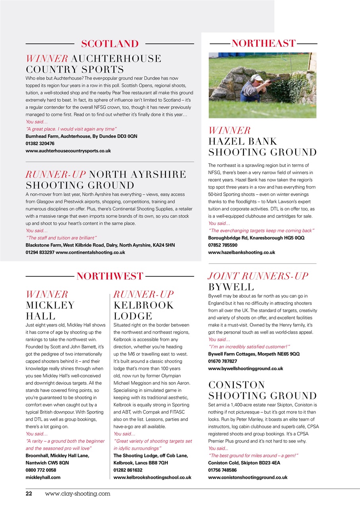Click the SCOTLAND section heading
click(110, 43)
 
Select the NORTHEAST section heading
click(263, 43)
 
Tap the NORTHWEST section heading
click(110, 276)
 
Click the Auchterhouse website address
click(68, 151)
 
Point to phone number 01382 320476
click(40, 144)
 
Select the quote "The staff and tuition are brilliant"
click(61, 238)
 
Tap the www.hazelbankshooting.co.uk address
click(241, 253)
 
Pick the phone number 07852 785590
click(223, 245)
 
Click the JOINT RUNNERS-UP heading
click(258, 276)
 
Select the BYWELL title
click(231, 287)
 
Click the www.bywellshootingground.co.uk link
click(245, 369)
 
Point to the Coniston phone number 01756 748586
click(223, 470)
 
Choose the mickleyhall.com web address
click(43, 477)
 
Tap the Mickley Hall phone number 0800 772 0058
click(41, 470)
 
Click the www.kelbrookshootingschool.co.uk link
click(152, 477)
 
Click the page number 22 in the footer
click(29, 493)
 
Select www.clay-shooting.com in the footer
click(78, 493)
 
